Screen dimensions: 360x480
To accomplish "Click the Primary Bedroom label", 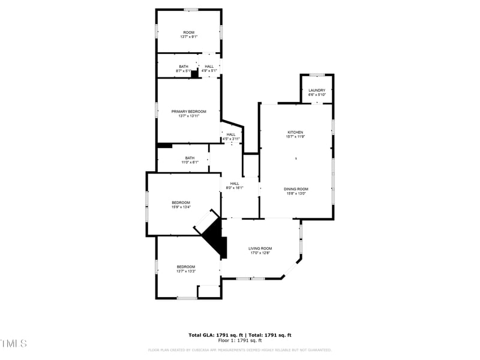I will [188, 112].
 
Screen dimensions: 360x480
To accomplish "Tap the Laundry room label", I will [317, 91].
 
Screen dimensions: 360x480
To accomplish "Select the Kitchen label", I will [295, 132].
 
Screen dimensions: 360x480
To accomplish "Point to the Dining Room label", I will [296, 189].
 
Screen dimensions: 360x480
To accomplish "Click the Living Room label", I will [261, 248].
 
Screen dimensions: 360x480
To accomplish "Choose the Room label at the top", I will [189, 32].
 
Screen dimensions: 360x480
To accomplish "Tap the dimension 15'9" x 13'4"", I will [181, 207].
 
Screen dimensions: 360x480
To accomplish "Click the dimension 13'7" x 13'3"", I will [186, 271].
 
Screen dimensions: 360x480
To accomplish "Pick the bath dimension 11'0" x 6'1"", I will [190, 162].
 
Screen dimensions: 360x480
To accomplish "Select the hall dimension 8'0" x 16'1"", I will [234, 188].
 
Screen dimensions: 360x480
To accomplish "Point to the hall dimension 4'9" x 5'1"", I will [209, 71].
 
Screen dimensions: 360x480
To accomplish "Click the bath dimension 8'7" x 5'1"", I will [183, 71].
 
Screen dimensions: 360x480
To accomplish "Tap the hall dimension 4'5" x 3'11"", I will [231, 139].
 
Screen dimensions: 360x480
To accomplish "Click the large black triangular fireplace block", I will [215, 237].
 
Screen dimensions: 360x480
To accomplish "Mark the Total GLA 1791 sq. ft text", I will [215, 335].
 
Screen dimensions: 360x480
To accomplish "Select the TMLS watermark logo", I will [13, 344].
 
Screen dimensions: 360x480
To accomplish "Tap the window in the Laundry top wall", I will [317, 75].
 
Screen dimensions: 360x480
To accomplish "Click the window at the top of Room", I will [191, 10].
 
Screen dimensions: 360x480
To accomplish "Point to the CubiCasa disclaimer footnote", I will [240, 350].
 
